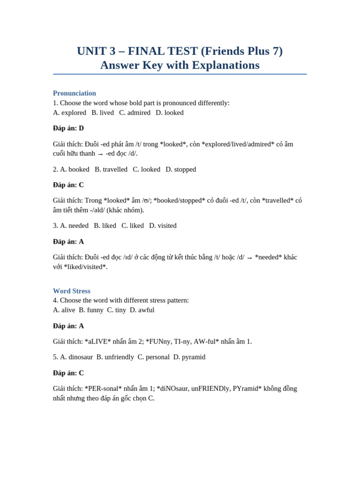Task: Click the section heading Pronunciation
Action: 74,93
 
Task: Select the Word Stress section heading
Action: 71,291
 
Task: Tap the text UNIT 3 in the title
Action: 96,51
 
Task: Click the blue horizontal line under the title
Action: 180,74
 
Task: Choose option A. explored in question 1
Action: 69,112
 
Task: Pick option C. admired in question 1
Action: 135,112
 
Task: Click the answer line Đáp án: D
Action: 68,128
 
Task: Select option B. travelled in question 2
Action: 111,169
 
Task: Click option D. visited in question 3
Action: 163,225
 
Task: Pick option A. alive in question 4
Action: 64,310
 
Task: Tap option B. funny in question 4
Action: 91,310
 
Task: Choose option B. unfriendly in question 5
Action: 115,357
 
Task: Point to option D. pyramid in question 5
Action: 189,357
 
